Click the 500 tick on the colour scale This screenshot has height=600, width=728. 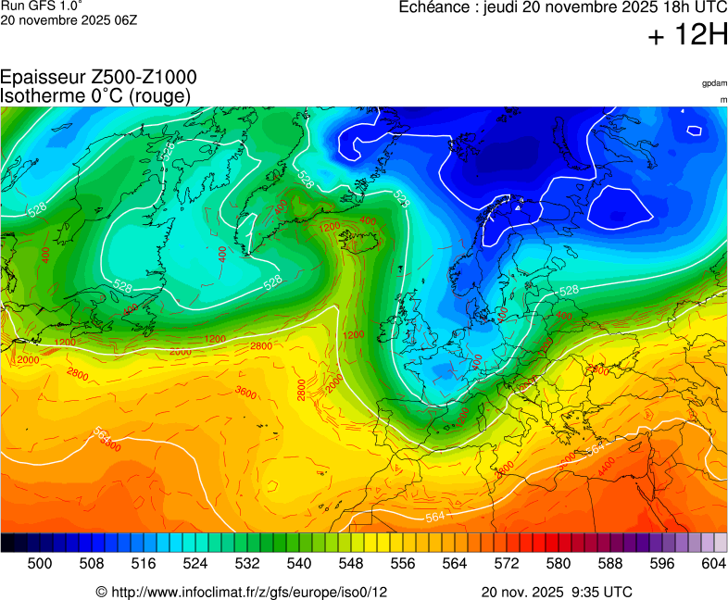(x=40, y=563)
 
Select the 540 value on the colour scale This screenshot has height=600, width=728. (x=299, y=563)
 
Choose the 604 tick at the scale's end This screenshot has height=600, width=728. (x=713, y=563)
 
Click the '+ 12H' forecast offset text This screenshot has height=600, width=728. (x=688, y=36)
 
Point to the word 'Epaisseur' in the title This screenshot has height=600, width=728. (x=44, y=78)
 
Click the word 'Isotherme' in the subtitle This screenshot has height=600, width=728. (x=42, y=95)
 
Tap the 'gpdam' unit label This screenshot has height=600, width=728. (x=713, y=83)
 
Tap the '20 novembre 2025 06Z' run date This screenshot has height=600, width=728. (x=69, y=20)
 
